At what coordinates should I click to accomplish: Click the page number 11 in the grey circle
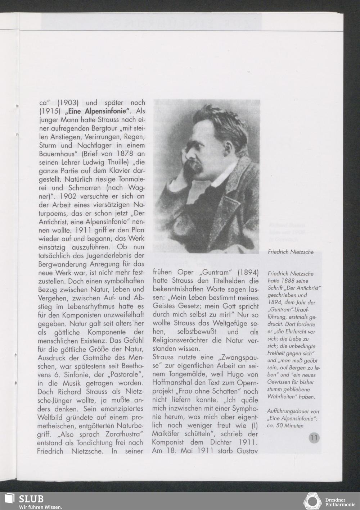314,438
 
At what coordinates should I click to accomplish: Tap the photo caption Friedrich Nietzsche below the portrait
291,252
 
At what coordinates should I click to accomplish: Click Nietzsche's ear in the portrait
223,144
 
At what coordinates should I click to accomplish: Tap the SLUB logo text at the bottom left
31,499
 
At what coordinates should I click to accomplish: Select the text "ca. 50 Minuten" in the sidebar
285,425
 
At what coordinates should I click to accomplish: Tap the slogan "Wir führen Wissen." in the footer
40,507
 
